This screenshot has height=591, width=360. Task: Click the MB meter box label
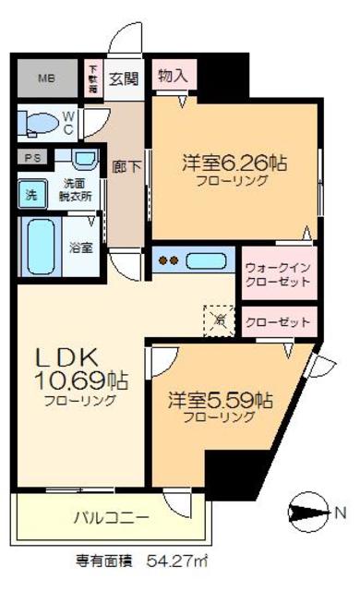45,78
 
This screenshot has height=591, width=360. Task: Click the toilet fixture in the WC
42,123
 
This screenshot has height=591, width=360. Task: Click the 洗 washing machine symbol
30,195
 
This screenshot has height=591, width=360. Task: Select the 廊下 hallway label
121,167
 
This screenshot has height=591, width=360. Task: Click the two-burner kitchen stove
170,260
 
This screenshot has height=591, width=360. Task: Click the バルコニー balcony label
110,518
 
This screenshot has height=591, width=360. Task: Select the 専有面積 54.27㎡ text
151,560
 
